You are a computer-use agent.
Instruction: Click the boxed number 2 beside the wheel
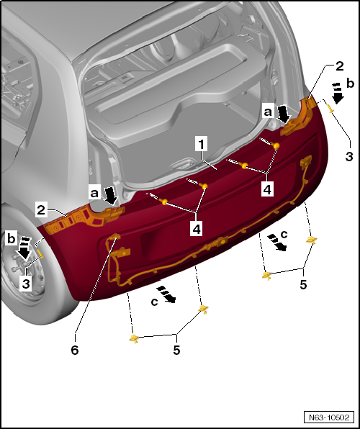42,210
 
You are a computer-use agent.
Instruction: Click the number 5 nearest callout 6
176,350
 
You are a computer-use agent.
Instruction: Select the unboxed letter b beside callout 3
350,83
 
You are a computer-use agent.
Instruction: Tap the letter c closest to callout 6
155,302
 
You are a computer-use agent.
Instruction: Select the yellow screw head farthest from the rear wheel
276,146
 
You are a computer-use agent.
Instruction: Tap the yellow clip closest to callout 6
134,338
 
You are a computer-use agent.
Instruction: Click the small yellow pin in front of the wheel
42,253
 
